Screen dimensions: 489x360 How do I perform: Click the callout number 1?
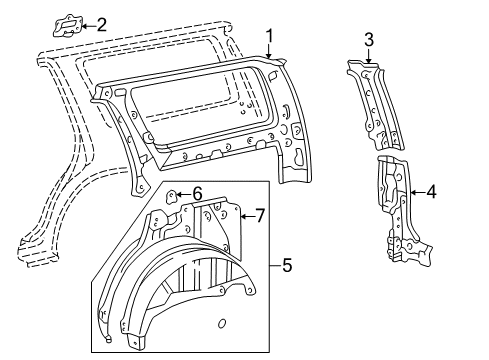pos(269,36)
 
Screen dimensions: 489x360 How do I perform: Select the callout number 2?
pos(102,25)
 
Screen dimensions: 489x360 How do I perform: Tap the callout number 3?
pos(369,40)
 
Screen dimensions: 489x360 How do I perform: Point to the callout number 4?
pos(431,192)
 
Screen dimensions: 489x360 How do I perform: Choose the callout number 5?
pos(287,265)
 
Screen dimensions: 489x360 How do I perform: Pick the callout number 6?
pos(197,193)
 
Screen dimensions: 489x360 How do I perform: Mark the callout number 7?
pos(260,216)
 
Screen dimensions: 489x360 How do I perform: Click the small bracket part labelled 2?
pos(68,25)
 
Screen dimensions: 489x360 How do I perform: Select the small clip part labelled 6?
pos(171,196)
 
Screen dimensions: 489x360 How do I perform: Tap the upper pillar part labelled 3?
pos(375,105)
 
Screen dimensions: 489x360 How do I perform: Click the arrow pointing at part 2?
pos(89,26)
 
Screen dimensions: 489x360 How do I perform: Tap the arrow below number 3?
pos(368,56)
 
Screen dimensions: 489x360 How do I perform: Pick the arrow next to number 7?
pos(247,216)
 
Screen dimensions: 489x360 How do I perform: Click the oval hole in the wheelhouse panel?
pos(222,323)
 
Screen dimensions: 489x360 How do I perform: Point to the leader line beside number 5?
pos(275,266)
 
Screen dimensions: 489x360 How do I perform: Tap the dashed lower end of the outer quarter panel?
pos(38,252)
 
